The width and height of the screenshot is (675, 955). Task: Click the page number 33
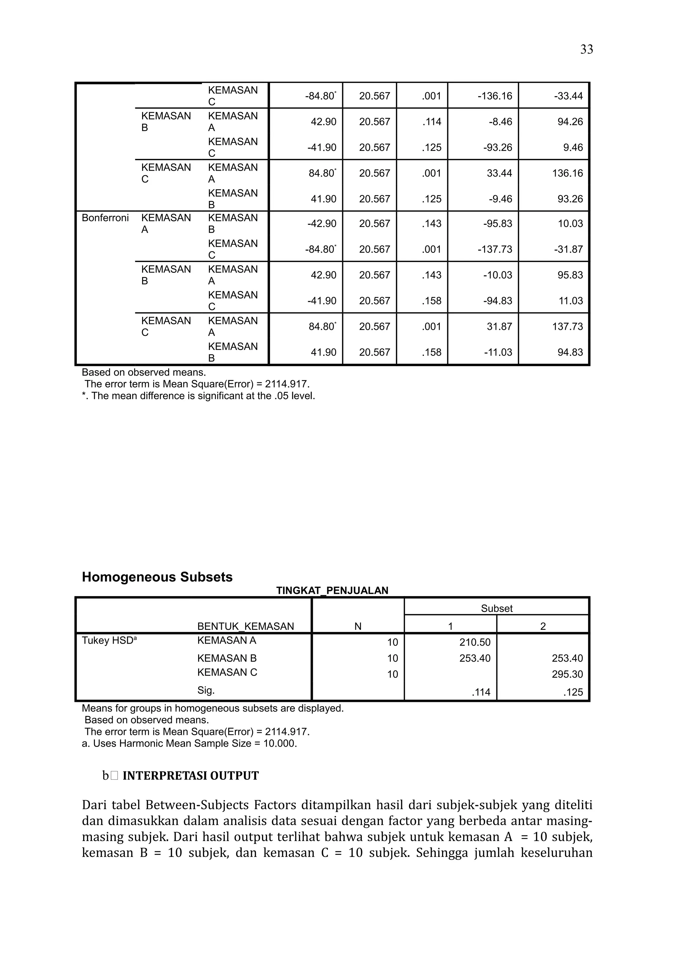tap(586, 49)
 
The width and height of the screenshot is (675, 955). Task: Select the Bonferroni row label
tap(105, 218)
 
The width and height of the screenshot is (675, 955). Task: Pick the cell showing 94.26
tap(570, 122)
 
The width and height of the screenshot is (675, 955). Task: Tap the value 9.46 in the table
tap(573, 148)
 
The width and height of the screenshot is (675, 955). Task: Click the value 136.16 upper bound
tap(567, 173)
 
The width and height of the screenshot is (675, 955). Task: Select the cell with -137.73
tap(494, 249)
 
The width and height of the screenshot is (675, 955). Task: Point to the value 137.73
tap(567, 327)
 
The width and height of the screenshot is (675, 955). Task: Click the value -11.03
tap(498, 353)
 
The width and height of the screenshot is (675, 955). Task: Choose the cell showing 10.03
tap(570, 224)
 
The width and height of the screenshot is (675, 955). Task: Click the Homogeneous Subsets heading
tap(157, 577)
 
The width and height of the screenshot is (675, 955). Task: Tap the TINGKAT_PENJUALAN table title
tap(332, 591)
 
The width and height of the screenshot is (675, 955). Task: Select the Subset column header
tap(497, 609)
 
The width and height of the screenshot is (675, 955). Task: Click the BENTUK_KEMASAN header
tap(245, 626)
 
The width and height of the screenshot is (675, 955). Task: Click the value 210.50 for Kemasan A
tap(475, 643)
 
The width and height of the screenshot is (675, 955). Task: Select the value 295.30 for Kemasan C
tap(567, 674)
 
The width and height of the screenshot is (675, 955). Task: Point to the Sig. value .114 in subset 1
tap(481, 693)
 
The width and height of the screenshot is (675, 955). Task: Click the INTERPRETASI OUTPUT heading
tap(191, 776)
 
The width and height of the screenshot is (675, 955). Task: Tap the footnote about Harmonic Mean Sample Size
tap(189, 744)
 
